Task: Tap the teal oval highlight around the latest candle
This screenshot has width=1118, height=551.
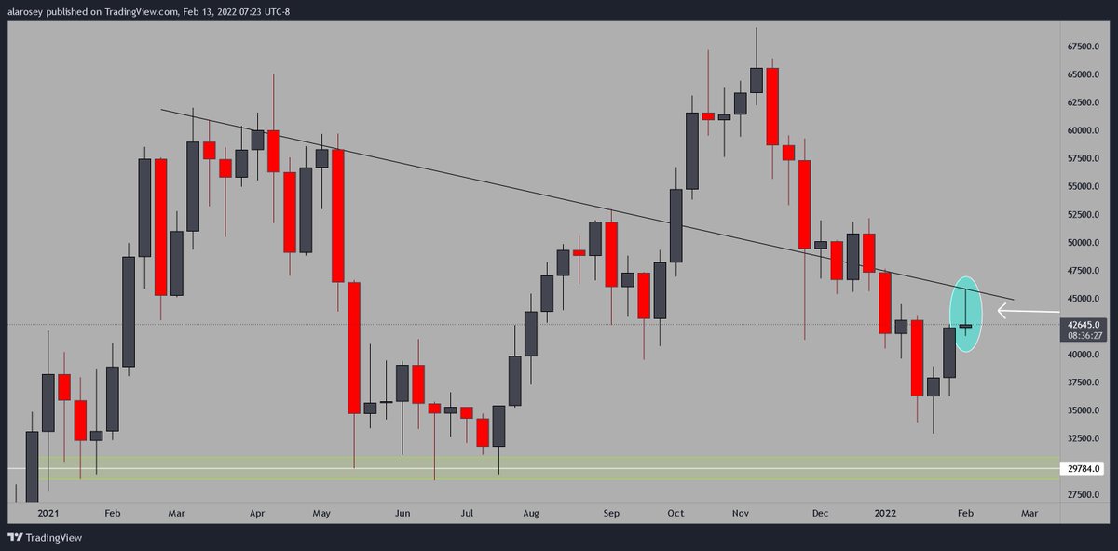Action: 968,315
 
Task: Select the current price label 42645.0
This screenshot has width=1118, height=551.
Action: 1081,325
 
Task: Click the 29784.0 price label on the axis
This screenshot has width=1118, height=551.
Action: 1081,470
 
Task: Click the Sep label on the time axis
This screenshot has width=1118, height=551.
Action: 610,513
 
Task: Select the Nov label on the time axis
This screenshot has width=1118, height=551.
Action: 742,513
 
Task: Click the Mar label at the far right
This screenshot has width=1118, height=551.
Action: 1029,513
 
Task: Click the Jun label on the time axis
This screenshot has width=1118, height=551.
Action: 402,513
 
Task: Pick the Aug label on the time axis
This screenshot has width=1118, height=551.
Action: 531,513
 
